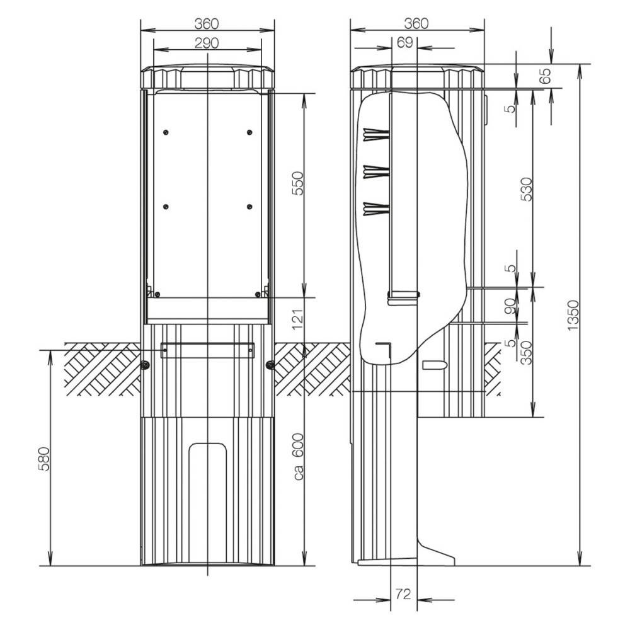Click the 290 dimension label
click(x=207, y=43)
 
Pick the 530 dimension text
click(x=527, y=189)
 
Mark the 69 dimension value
click(x=405, y=42)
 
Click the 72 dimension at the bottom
click(x=404, y=593)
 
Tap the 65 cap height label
click(x=546, y=76)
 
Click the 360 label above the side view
click(x=416, y=23)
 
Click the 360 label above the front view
click(x=207, y=23)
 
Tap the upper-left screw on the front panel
click(x=165, y=132)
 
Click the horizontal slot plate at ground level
click(x=207, y=350)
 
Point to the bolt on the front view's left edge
click(x=144, y=365)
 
